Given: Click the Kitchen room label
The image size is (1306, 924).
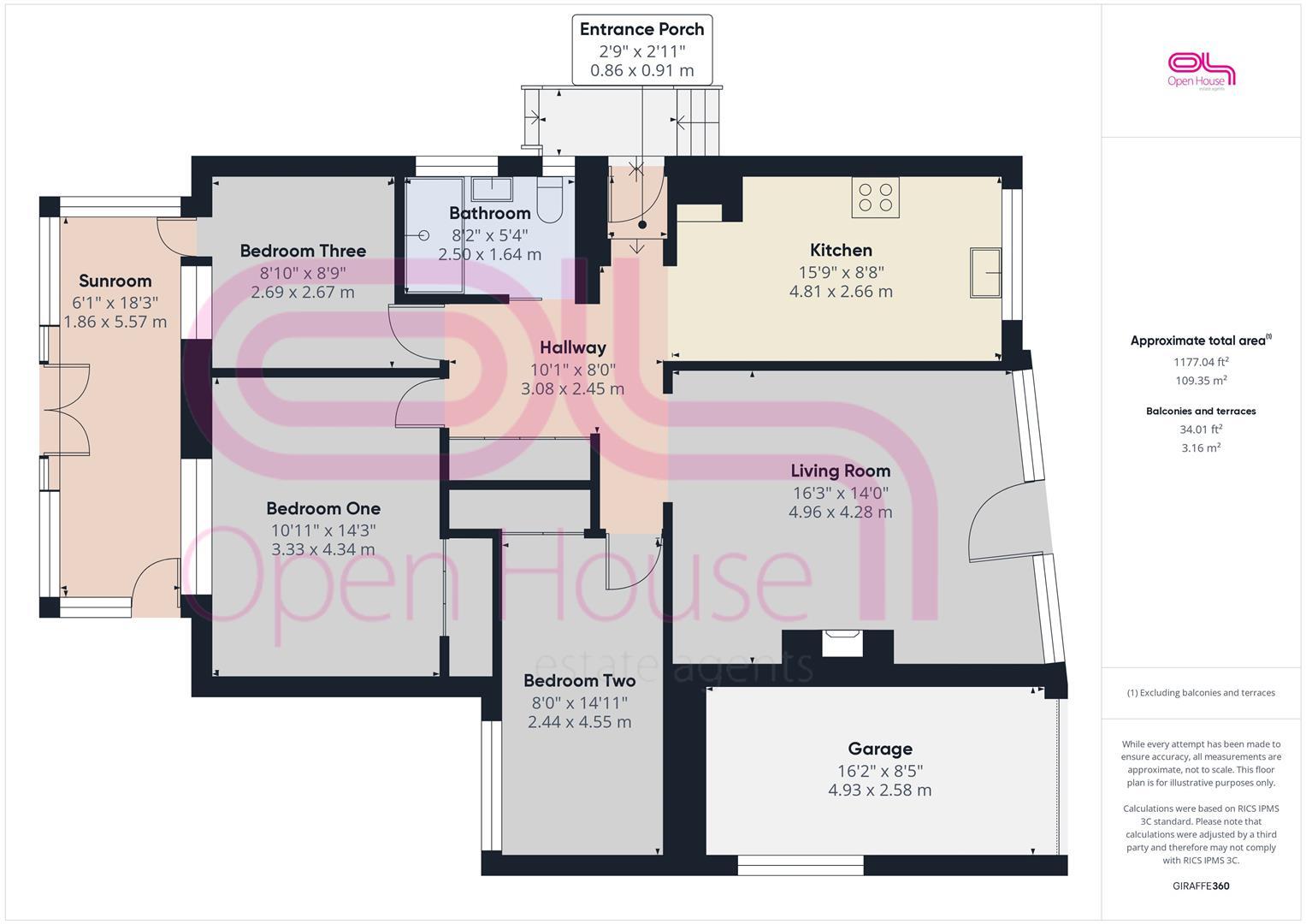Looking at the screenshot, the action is (x=841, y=250).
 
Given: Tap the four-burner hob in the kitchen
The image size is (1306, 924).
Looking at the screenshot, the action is (x=875, y=198).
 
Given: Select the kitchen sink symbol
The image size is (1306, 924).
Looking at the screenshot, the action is (x=985, y=272).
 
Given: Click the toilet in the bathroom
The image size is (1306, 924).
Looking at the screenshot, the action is (x=549, y=199).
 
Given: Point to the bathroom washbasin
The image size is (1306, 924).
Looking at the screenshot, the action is (x=492, y=188).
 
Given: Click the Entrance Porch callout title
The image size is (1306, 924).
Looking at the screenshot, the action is (x=642, y=29).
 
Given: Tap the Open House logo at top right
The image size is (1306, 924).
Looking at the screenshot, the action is (x=1201, y=71).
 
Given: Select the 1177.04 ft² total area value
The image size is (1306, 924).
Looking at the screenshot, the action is (x=1201, y=362).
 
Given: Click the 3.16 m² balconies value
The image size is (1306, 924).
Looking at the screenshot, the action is (x=1201, y=448).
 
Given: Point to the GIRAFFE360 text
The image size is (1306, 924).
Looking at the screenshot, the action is (x=1201, y=885).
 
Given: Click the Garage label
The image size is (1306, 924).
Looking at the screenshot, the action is (x=880, y=749).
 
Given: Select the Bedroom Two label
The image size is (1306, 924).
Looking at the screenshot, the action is (x=579, y=681).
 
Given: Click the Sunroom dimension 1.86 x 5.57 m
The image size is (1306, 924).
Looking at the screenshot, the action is (x=115, y=322).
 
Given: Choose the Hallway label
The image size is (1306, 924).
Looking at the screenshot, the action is (x=572, y=347).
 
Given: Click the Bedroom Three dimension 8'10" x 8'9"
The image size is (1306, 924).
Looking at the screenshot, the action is (x=303, y=273).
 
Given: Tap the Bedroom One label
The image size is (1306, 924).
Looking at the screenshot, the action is (x=323, y=509).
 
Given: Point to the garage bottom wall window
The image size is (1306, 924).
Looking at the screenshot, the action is (x=801, y=865).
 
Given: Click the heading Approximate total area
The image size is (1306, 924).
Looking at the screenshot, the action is (x=1201, y=341).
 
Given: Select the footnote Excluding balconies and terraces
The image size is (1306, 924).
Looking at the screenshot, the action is (x=1201, y=693).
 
